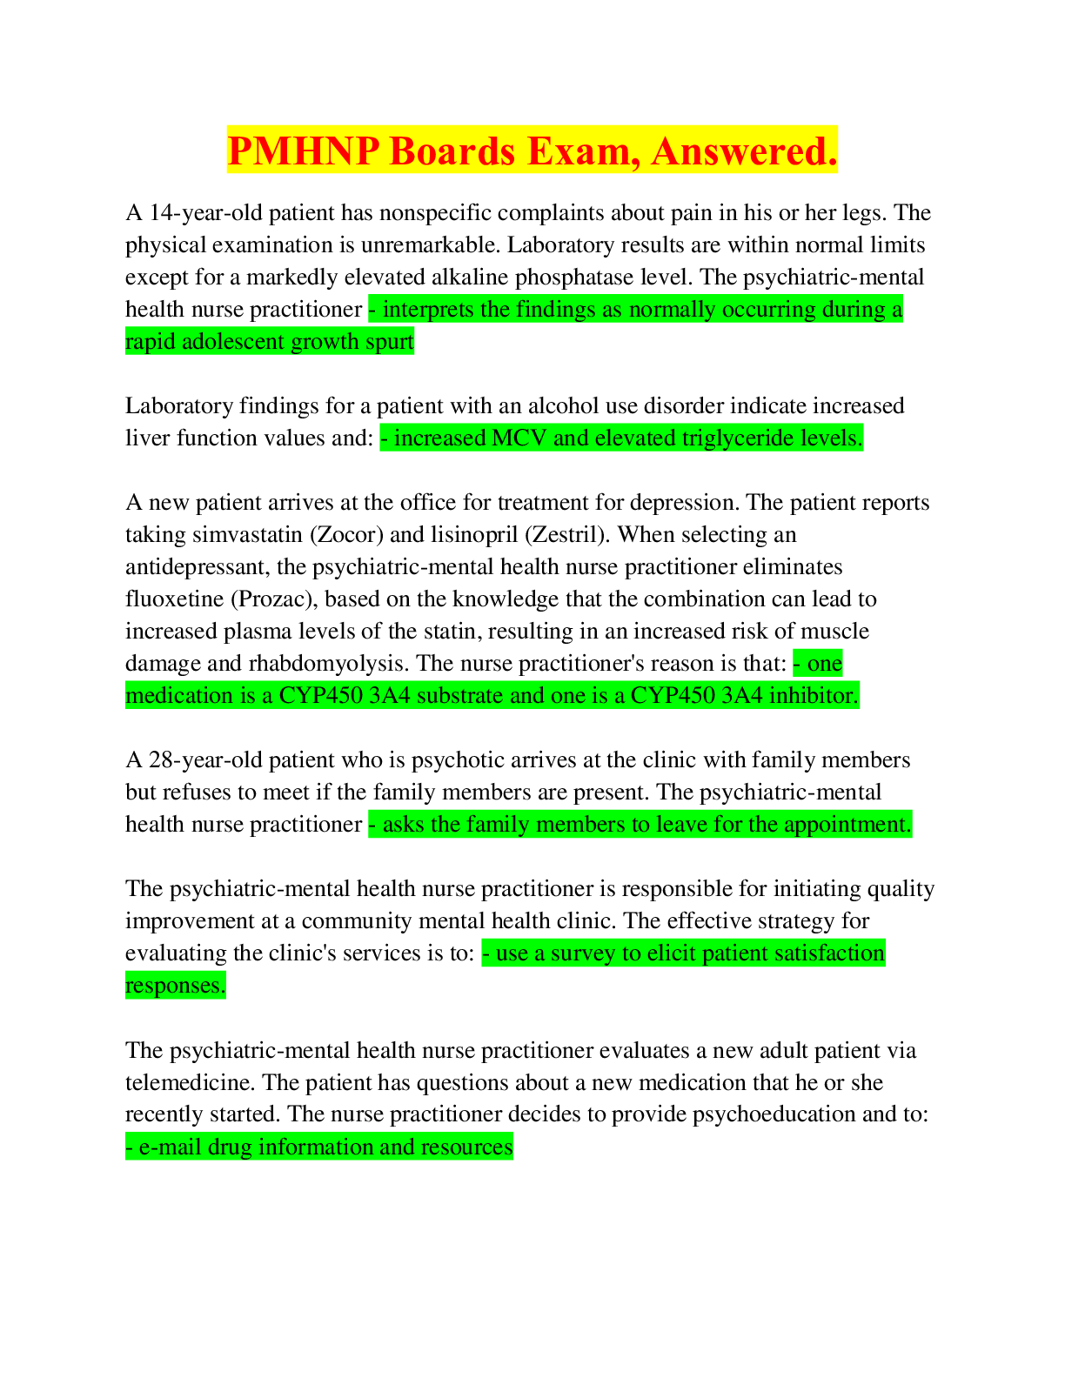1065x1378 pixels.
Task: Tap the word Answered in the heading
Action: [744, 151]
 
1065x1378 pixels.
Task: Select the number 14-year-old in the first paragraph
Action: [205, 213]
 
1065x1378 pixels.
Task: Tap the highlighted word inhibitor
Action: [814, 696]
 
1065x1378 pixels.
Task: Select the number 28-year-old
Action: [205, 759]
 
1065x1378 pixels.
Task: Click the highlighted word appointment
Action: [847, 825]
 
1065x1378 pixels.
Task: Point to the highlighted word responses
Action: [175, 986]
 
